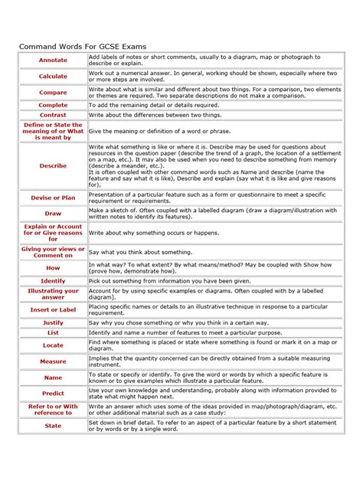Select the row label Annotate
[53, 60]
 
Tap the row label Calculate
[53, 76]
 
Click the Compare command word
[53, 92]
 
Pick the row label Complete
[53, 105]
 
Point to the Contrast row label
[53, 115]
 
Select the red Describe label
[53, 165]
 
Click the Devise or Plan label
[53, 198]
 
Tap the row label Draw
[53, 214]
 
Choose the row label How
[53, 268]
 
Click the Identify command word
[53, 281]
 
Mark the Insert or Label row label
[53, 309]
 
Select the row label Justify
[53, 323]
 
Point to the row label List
[53, 333]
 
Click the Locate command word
[53, 345]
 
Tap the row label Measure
[53, 361]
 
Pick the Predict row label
[53, 393]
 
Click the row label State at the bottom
[53, 425]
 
